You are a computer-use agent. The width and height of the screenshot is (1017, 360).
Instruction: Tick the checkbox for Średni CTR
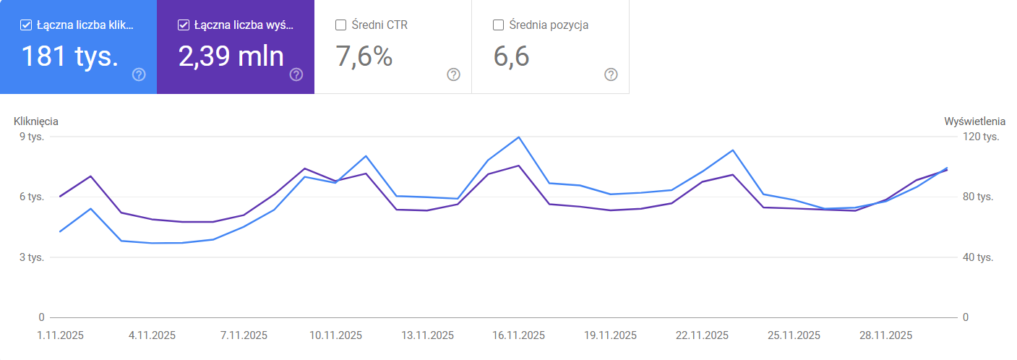[x=341, y=25]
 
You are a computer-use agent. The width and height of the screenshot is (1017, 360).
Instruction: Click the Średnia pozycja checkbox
[x=498, y=25]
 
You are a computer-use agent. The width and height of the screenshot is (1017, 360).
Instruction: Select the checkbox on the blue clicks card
[x=26, y=25]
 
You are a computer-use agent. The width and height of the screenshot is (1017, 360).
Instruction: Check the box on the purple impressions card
[x=183, y=25]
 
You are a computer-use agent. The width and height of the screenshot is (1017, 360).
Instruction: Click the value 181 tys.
[x=69, y=56]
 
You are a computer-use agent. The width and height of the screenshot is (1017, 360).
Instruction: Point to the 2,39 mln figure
[x=231, y=56]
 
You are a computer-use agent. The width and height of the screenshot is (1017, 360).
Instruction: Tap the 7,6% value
[x=364, y=56]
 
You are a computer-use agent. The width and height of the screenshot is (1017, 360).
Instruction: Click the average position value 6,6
[x=512, y=56]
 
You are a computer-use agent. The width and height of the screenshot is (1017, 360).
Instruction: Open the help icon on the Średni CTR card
[x=454, y=74]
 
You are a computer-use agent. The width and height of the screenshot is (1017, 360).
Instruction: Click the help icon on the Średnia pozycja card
[x=611, y=74]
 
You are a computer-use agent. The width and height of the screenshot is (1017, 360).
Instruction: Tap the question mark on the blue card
[x=140, y=74]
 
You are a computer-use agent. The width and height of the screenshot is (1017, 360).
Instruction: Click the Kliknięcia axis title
[x=36, y=121]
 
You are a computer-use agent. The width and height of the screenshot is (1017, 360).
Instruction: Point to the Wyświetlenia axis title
[x=974, y=121]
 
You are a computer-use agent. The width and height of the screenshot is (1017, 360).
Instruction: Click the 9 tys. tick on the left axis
[x=32, y=137]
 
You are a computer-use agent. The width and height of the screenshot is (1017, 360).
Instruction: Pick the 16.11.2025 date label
[x=519, y=335]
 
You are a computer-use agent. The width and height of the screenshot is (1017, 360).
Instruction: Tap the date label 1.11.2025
[x=61, y=335]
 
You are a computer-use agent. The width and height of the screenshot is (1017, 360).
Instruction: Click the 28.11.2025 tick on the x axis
[x=885, y=335]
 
